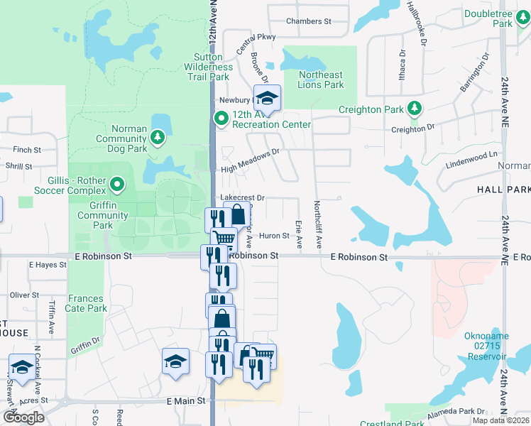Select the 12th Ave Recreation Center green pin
(221, 119)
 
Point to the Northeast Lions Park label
(321, 80)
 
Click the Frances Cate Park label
(87, 304)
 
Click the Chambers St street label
(309, 21)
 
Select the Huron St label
(274, 236)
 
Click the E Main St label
(186, 400)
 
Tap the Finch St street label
(27, 150)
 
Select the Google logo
(23, 417)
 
